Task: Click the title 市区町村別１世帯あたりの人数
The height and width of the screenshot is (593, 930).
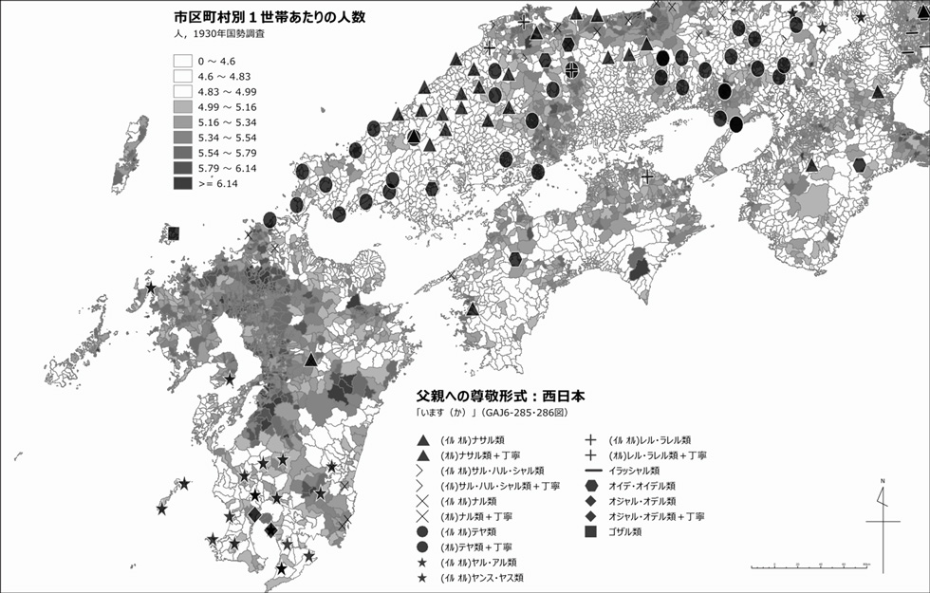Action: click(263, 17)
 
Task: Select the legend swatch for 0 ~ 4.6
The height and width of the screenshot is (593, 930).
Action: click(183, 61)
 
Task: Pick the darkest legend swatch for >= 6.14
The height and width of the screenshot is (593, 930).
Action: click(183, 183)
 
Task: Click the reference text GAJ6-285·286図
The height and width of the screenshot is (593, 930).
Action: click(527, 414)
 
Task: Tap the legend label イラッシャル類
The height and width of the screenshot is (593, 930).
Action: click(636, 471)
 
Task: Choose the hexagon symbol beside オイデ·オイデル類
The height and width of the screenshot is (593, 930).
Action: click(590, 486)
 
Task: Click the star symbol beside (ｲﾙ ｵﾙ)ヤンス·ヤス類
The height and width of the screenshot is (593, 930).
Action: click(420, 577)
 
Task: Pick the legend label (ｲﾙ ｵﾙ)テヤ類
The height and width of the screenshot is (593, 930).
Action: click(470, 531)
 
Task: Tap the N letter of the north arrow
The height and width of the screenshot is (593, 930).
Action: click(882, 483)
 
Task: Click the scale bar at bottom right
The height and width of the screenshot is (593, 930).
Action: click(807, 566)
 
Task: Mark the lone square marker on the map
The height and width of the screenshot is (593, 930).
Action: click(174, 232)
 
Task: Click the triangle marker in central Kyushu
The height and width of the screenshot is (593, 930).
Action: click(310, 361)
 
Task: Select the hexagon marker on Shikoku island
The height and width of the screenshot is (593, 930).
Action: click(515, 259)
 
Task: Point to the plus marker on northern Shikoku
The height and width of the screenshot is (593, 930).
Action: click(647, 177)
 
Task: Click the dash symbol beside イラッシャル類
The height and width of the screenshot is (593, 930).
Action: click(590, 471)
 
